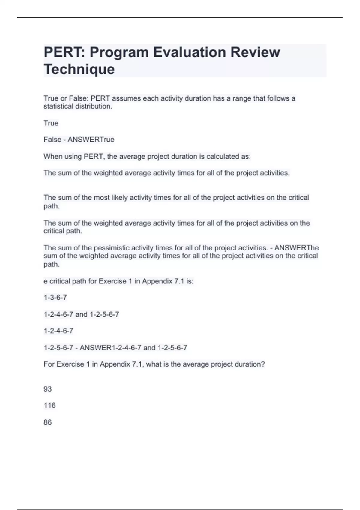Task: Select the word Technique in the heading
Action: pyautogui.click(x=79, y=69)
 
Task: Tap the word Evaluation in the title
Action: pyautogui.click(x=190, y=52)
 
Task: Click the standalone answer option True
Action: pyautogui.click(x=51, y=123)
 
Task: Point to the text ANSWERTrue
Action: pyautogui.click(x=91, y=139)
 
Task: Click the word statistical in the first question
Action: pyautogui.click(x=58, y=106)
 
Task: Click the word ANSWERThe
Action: pyautogui.click(x=296, y=248)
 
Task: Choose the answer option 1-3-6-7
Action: pyautogui.click(x=55, y=298)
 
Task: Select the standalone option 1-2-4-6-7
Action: pyautogui.click(x=58, y=331)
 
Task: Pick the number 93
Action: pyautogui.click(x=48, y=389)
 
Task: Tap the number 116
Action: pyautogui.click(x=49, y=405)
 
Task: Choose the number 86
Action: pyautogui.click(x=48, y=422)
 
